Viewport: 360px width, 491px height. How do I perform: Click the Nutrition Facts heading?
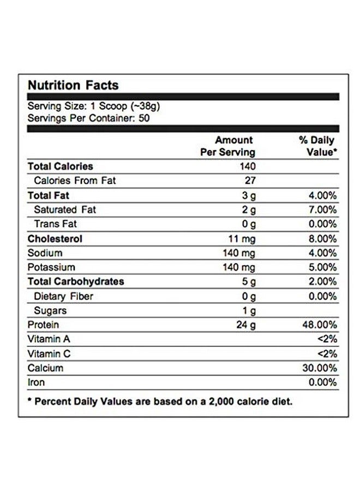73,85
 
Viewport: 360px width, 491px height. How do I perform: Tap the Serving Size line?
93,106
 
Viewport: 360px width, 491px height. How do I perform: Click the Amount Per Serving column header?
227,147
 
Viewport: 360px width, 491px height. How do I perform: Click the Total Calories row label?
60,166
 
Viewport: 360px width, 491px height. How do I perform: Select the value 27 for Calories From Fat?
250,181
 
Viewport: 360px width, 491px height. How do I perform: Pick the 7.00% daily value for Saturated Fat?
321,209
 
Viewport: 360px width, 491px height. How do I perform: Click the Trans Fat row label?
55,224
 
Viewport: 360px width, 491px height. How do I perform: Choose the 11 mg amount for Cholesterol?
242,238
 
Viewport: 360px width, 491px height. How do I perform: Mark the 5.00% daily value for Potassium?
321,267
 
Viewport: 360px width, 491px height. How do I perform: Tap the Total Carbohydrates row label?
76,282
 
